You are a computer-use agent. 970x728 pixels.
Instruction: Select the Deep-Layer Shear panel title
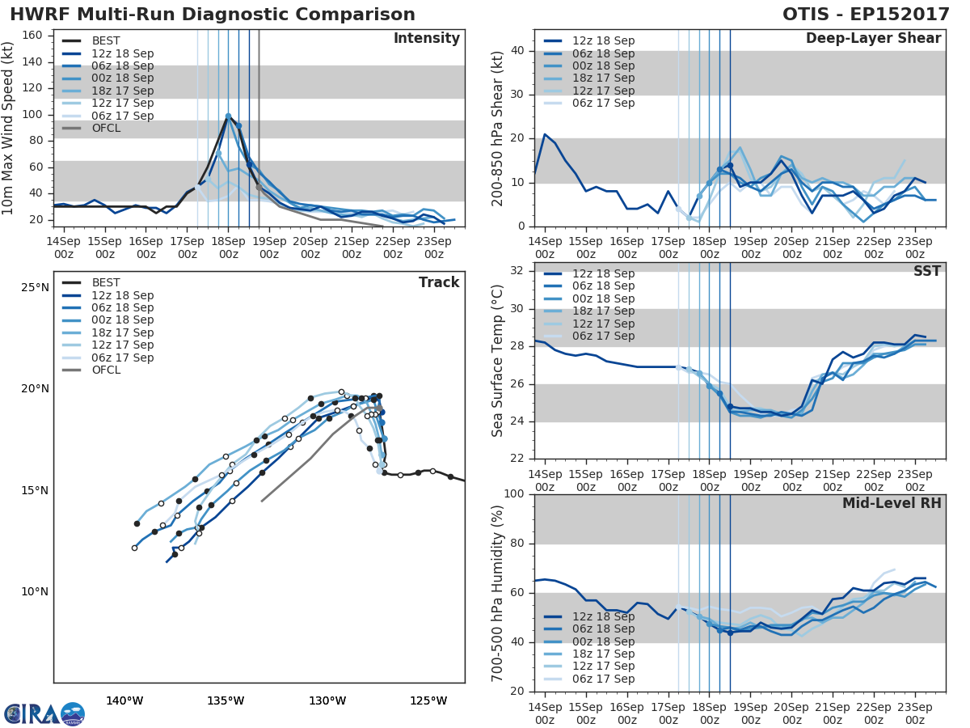[873, 39]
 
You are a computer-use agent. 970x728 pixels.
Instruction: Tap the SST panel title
[926, 272]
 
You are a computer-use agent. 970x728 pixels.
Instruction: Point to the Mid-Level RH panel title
[892, 504]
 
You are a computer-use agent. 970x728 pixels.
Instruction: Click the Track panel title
[439, 282]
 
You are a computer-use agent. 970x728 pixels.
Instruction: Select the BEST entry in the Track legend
[106, 282]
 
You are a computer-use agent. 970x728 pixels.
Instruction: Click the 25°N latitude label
[35, 287]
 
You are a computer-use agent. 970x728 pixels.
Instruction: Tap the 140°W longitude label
[124, 700]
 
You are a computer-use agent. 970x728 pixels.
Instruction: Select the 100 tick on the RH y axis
[514, 494]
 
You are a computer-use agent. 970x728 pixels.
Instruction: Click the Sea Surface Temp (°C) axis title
[498, 360]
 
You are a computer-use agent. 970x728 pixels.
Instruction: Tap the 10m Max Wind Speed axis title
[9, 125]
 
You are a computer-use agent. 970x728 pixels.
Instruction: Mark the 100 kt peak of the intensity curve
[228, 116]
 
